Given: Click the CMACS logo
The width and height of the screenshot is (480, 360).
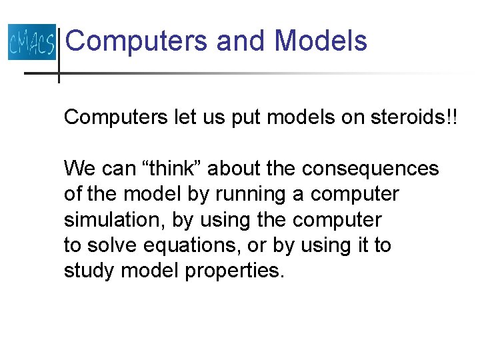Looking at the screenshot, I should pos(31,42).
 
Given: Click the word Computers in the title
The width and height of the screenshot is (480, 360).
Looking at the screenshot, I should pos(137,41).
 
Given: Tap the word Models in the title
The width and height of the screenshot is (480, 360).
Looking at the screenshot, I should pos(321,41).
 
